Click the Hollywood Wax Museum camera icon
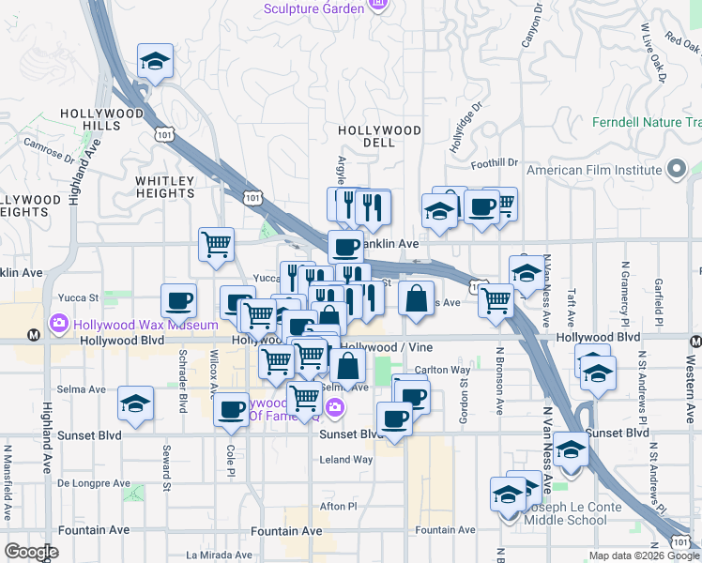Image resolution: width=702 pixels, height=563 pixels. (x=59, y=324)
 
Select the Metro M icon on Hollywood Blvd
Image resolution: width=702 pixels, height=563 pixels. (x=34, y=333)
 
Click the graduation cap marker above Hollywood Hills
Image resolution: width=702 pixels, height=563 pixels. (x=156, y=63)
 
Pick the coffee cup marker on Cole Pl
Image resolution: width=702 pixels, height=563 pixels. (x=231, y=409)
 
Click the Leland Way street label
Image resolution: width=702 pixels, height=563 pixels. (x=346, y=460)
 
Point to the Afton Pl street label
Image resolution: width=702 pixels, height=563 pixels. (x=339, y=506)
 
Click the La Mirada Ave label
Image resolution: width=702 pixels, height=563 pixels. (x=219, y=555)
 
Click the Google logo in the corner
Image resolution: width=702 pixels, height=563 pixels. (x=31, y=552)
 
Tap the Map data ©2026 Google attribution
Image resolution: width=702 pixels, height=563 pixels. (x=642, y=555)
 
